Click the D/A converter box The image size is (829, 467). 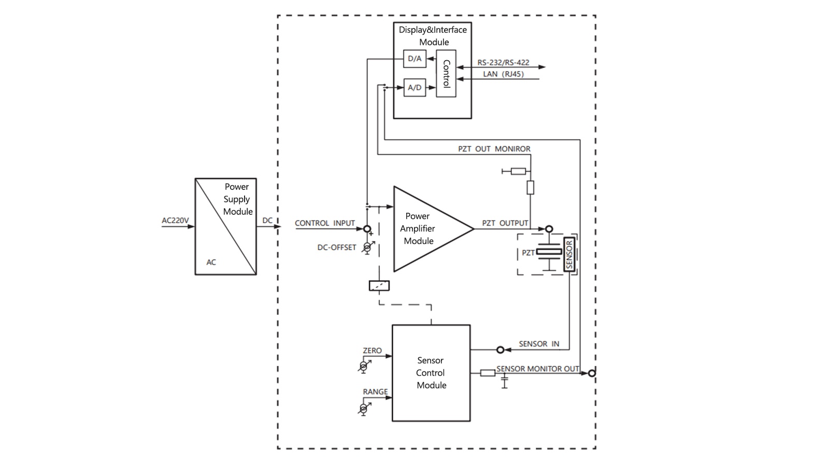(x=414, y=59)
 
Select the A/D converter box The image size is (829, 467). (x=414, y=88)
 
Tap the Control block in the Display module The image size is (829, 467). (x=446, y=74)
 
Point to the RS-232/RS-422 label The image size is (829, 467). (x=503, y=62)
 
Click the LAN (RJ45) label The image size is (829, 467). (x=503, y=74)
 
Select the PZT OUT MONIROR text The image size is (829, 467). (x=494, y=149)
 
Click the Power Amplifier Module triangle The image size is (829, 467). (x=425, y=229)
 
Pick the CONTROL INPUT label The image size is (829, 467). (x=325, y=223)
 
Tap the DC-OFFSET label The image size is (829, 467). (x=337, y=248)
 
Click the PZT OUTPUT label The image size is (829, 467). (x=505, y=223)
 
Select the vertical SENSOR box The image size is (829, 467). (x=569, y=254)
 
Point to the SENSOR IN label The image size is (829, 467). (x=539, y=344)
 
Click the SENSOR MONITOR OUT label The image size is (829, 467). (x=538, y=369)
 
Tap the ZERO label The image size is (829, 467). (x=372, y=351)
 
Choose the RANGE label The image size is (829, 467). (x=375, y=392)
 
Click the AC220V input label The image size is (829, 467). (x=176, y=221)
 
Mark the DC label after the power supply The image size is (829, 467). (x=267, y=221)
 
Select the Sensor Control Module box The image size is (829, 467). (x=431, y=373)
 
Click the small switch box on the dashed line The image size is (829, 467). (x=379, y=285)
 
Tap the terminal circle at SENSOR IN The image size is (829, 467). (x=500, y=350)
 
